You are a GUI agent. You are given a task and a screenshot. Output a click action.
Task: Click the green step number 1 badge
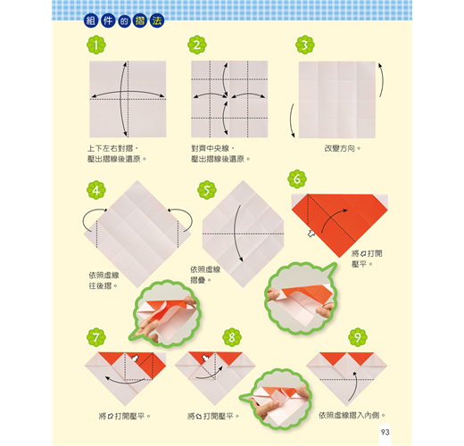96,45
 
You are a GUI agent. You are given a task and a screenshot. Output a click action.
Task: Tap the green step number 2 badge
197,45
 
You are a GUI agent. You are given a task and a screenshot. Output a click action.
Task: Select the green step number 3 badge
305,45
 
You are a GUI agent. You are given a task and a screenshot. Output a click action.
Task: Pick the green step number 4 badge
96,190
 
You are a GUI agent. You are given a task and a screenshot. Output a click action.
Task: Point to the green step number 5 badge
207,190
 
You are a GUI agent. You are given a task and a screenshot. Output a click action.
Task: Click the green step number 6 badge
297,179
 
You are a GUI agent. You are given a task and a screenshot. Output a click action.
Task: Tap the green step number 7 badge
96,337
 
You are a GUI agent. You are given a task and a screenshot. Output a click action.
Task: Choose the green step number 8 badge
232,337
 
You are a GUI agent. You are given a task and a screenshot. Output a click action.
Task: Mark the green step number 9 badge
358,337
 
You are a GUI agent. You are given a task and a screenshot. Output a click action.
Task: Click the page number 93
385,432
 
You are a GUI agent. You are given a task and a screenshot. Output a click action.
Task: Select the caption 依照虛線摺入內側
352,415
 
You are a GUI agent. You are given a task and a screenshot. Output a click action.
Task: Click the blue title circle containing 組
91,21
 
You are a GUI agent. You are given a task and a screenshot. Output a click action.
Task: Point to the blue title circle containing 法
157,21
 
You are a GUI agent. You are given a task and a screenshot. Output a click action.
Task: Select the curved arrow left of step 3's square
291,120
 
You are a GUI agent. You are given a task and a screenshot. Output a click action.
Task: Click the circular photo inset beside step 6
301,297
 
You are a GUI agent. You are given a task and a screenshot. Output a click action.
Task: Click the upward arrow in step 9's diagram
355,385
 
